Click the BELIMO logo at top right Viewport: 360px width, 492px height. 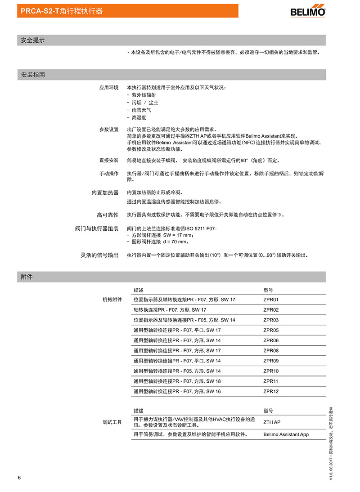pos(308,11)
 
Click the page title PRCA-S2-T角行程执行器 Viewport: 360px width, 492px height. pos(62,11)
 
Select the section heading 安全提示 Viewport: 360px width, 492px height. pos(33,40)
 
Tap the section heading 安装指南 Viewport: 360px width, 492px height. pos(33,75)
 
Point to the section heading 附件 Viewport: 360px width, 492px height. pos(27,277)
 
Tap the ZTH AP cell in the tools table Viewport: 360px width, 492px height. pos(272,422)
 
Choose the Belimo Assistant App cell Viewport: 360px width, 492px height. pos(286,434)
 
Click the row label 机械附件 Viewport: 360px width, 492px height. pos(112,300)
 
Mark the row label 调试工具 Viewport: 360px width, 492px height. pos(112,422)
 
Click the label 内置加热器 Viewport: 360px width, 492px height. pos(105,192)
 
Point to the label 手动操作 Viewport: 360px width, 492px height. pos(109,174)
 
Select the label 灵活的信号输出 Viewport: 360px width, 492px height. pos(99,255)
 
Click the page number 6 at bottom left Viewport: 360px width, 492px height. pos(19,477)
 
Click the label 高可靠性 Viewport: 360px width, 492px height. pos(108,215)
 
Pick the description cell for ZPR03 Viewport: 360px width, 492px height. pos(184,320)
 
